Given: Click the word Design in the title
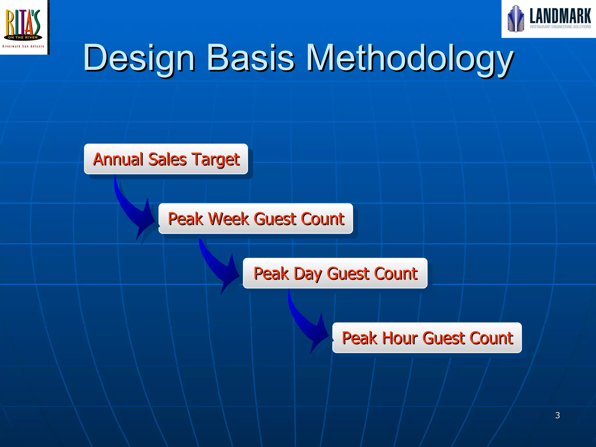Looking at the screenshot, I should coord(139,58).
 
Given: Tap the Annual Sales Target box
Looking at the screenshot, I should coord(166,159).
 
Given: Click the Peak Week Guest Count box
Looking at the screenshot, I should coord(256,219).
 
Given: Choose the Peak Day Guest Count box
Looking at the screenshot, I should coord(335,273).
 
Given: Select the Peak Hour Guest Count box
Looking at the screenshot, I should coord(427,338).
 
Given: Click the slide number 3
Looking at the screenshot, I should coord(557,415).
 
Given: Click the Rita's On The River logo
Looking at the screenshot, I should coord(23,25).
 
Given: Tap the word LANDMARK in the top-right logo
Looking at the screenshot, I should coord(560,16).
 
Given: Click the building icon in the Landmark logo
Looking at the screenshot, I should coord(516,19).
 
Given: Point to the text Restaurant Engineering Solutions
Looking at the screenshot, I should coord(560,27).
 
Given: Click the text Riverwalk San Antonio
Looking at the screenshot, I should coord(23,46).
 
